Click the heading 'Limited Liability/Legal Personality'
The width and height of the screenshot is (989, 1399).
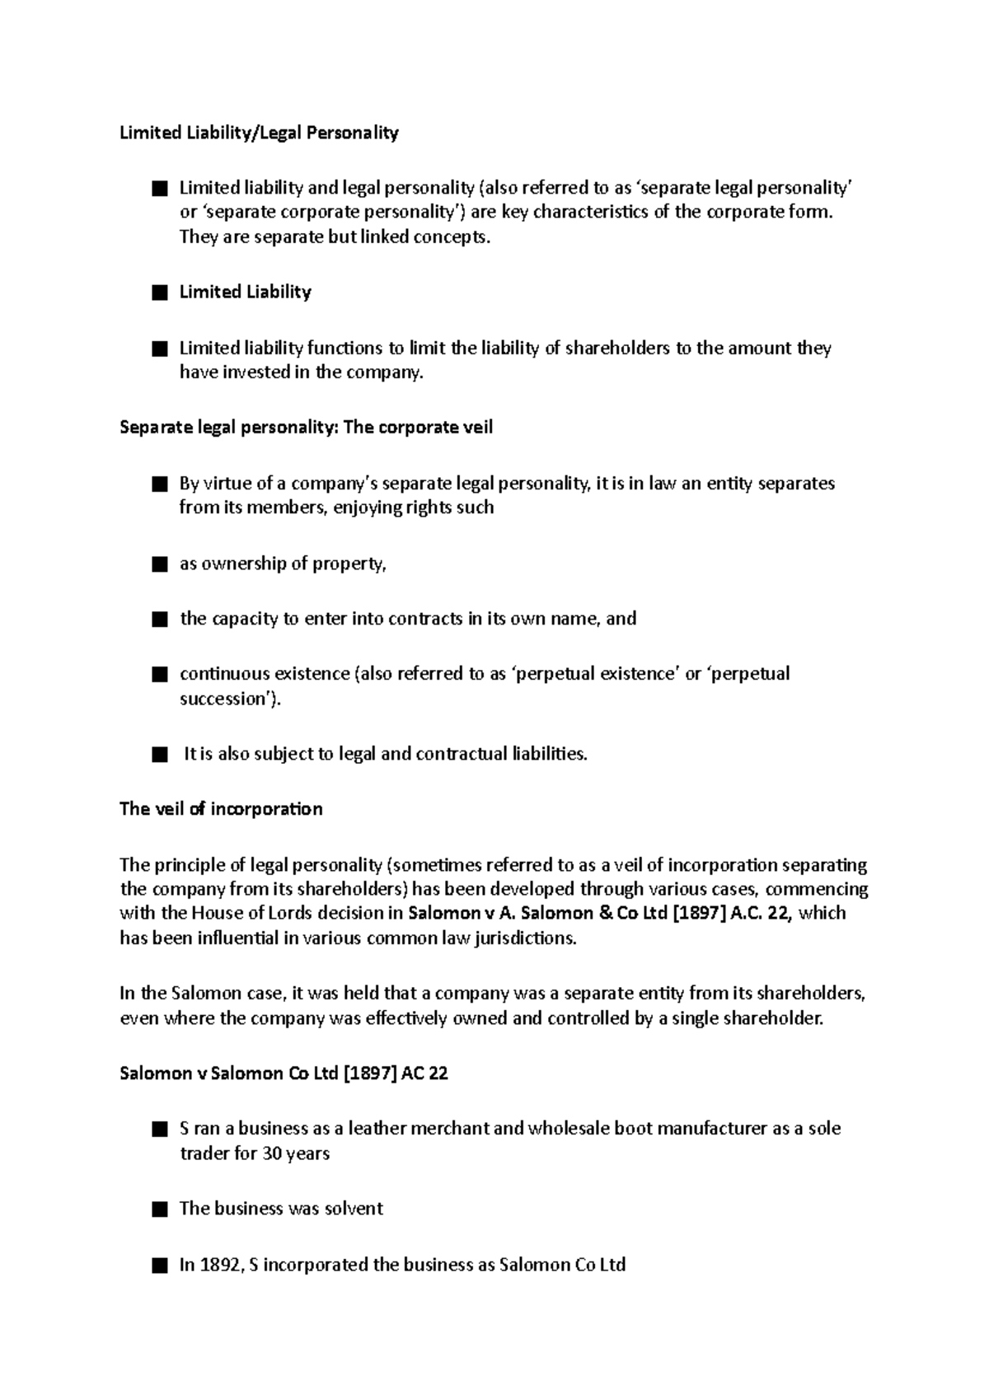259,133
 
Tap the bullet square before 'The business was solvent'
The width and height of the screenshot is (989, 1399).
160,1210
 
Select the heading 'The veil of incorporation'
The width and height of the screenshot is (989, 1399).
221,809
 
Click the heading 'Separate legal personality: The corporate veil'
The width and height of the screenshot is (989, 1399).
306,428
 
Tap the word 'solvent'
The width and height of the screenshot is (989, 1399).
355,1209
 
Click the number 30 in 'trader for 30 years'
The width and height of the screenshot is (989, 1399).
272,1153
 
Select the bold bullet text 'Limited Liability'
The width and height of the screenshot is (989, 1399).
245,292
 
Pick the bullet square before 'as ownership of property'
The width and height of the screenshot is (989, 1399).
160,565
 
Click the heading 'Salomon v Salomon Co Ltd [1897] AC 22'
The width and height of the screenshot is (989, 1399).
284,1074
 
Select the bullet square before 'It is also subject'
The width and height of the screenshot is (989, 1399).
160,755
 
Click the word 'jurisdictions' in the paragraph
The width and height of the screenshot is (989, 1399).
523,938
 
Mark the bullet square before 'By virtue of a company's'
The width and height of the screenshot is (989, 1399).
160,484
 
